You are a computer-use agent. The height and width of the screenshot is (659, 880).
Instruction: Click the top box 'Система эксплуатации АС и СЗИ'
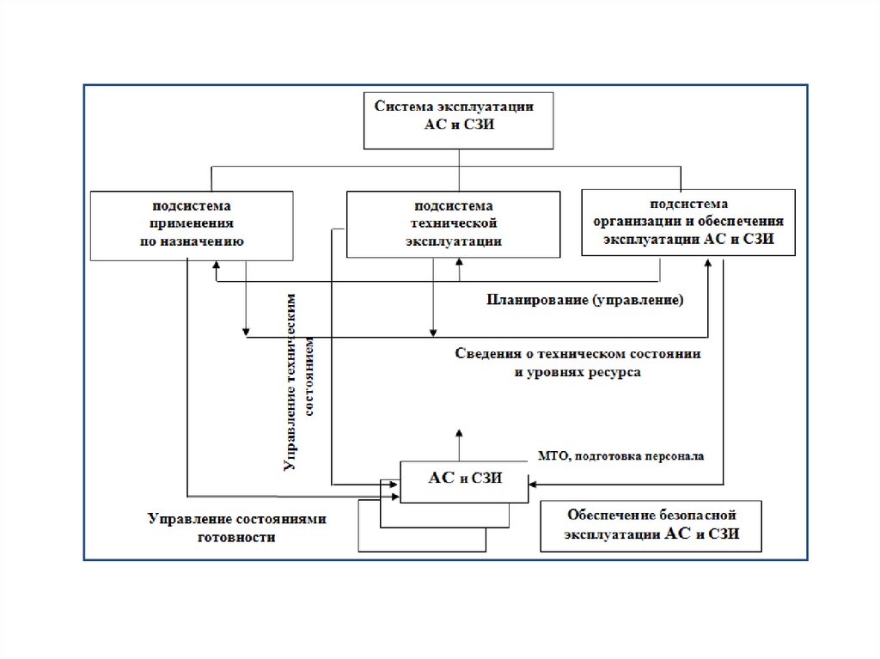point(458,119)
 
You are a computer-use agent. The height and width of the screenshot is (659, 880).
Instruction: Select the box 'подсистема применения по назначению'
point(192,224)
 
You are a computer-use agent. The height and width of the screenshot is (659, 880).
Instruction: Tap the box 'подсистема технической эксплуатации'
point(454,224)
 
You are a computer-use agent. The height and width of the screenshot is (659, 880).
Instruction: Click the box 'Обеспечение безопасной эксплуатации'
point(651,526)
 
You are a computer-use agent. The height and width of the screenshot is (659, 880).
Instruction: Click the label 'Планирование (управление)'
point(585,300)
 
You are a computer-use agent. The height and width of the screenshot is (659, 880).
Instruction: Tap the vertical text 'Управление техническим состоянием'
point(300,378)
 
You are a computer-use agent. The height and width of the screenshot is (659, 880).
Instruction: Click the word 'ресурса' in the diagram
point(612,374)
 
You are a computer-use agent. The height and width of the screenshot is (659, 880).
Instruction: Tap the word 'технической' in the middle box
point(454,224)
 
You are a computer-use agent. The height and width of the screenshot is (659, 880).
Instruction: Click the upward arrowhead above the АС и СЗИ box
point(458,433)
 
